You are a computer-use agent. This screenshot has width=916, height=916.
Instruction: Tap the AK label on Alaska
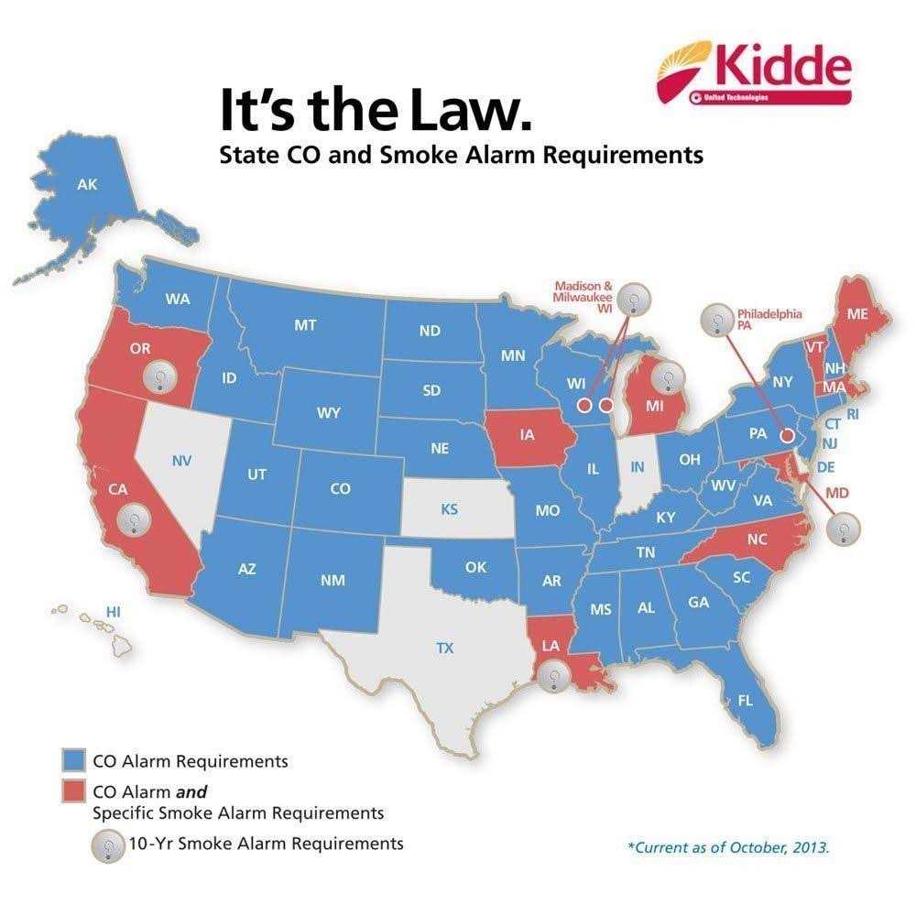[87, 185]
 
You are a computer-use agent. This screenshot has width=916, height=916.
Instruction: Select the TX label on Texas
[444, 649]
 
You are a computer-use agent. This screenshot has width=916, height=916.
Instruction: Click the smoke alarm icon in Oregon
[159, 376]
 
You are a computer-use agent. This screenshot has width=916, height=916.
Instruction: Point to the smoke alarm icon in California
[134, 520]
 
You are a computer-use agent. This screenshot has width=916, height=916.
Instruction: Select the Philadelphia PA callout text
[769, 320]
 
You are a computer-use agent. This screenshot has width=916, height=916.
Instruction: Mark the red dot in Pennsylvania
[786, 438]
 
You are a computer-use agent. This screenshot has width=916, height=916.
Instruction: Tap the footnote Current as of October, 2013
[728, 847]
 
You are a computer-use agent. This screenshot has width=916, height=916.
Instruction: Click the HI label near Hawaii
[114, 611]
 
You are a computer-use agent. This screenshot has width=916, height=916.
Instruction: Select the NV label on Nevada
[181, 460]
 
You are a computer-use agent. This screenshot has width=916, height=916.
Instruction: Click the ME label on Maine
[857, 313]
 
